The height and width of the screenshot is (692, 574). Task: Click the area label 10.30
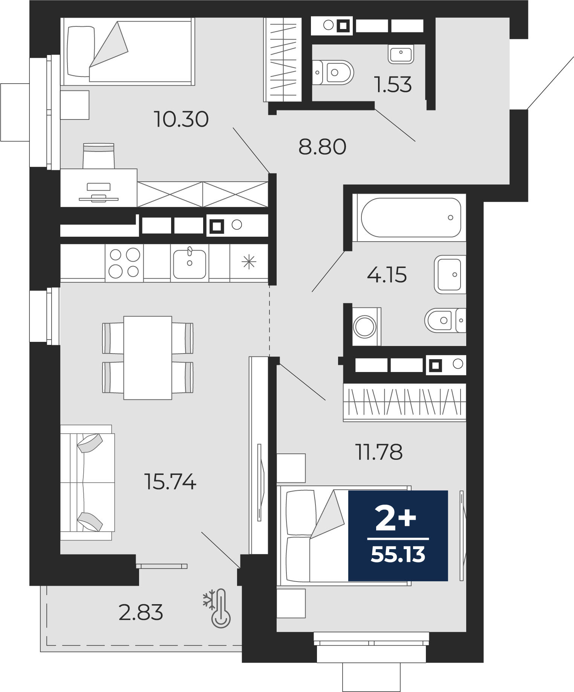(181, 119)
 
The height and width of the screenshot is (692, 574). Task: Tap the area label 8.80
(322, 147)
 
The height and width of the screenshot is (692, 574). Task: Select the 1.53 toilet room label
(393, 84)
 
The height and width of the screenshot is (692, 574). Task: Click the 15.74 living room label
(170, 481)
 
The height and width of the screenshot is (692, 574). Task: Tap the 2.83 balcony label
(141, 612)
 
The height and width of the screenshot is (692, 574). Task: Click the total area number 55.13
(398, 554)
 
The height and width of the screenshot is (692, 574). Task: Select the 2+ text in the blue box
(396, 519)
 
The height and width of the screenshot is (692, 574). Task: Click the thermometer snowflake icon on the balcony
(217, 608)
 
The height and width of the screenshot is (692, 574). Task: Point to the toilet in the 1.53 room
(333, 72)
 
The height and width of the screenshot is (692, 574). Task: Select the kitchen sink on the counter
(189, 263)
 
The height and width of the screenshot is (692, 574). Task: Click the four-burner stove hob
(124, 263)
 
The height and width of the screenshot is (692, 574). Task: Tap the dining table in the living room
(148, 358)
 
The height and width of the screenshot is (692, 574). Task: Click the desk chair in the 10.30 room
(99, 156)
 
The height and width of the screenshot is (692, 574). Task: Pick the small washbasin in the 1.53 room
(401, 54)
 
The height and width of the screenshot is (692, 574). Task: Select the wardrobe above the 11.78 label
(405, 402)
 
